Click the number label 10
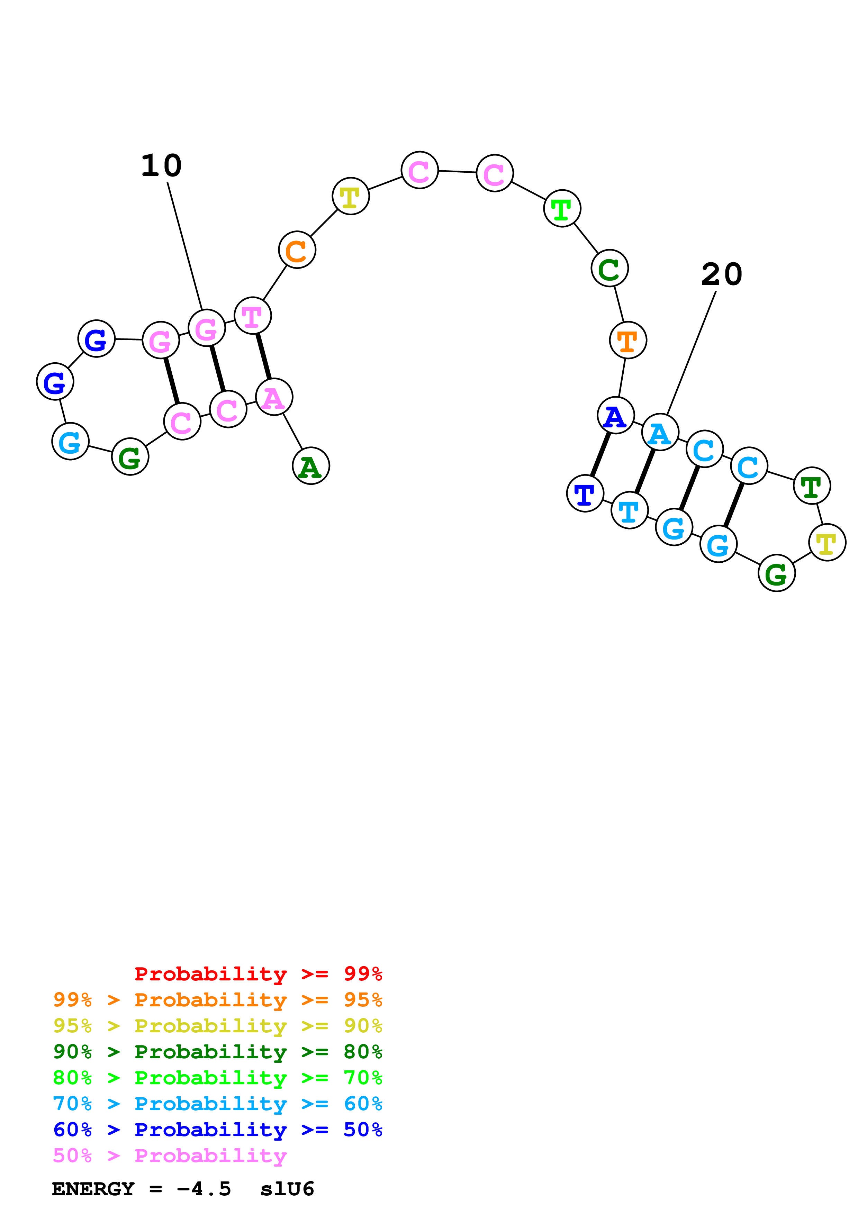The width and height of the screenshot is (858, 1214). click(161, 166)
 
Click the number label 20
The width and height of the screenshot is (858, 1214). click(722, 274)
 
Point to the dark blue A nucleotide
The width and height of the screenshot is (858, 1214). click(616, 416)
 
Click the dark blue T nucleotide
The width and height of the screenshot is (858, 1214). click(585, 493)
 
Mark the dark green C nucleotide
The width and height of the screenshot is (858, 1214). click(609, 268)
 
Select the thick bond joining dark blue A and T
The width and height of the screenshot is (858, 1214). click(600, 454)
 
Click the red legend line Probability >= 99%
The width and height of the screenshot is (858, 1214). click(258, 973)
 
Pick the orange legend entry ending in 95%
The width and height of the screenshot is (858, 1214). click(218, 1000)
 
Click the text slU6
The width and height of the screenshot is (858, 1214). click(287, 1189)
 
